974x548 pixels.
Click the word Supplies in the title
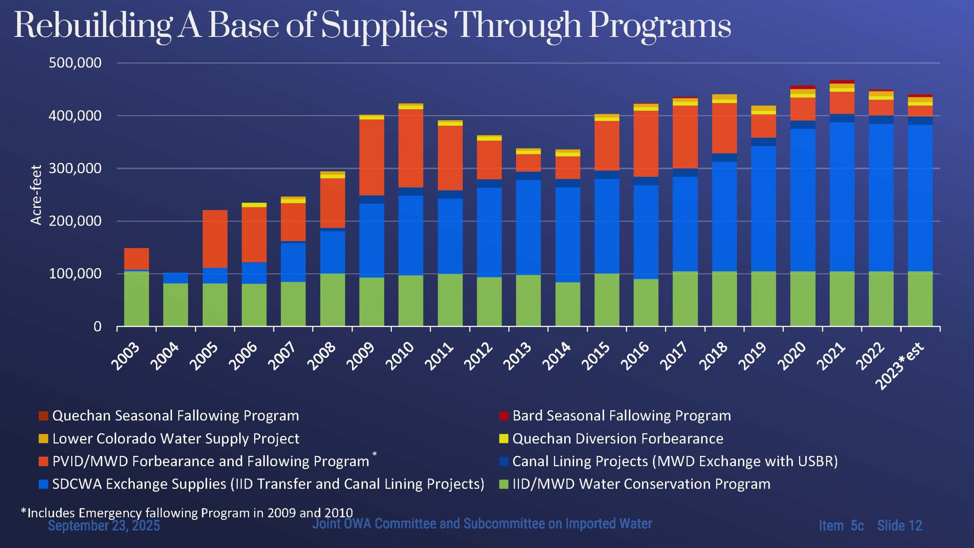(384, 26)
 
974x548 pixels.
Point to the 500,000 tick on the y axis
(75, 63)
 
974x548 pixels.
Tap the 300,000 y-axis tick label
(75, 168)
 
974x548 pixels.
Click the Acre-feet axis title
(36, 195)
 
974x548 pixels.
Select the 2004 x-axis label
(165, 356)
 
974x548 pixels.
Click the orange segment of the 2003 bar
(137, 259)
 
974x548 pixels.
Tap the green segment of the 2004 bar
(175, 304)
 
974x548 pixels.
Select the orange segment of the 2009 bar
(372, 157)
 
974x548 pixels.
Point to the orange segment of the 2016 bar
(646, 143)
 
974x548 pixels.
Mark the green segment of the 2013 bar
(528, 301)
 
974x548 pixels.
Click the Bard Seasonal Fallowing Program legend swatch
(503, 416)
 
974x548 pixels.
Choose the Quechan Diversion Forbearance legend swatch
(503, 439)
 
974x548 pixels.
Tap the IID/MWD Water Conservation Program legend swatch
(503, 484)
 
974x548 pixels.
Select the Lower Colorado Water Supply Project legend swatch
(43, 439)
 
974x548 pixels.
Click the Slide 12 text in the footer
(899, 526)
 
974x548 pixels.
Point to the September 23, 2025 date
(104, 526)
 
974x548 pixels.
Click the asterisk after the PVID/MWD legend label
(375, 454)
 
